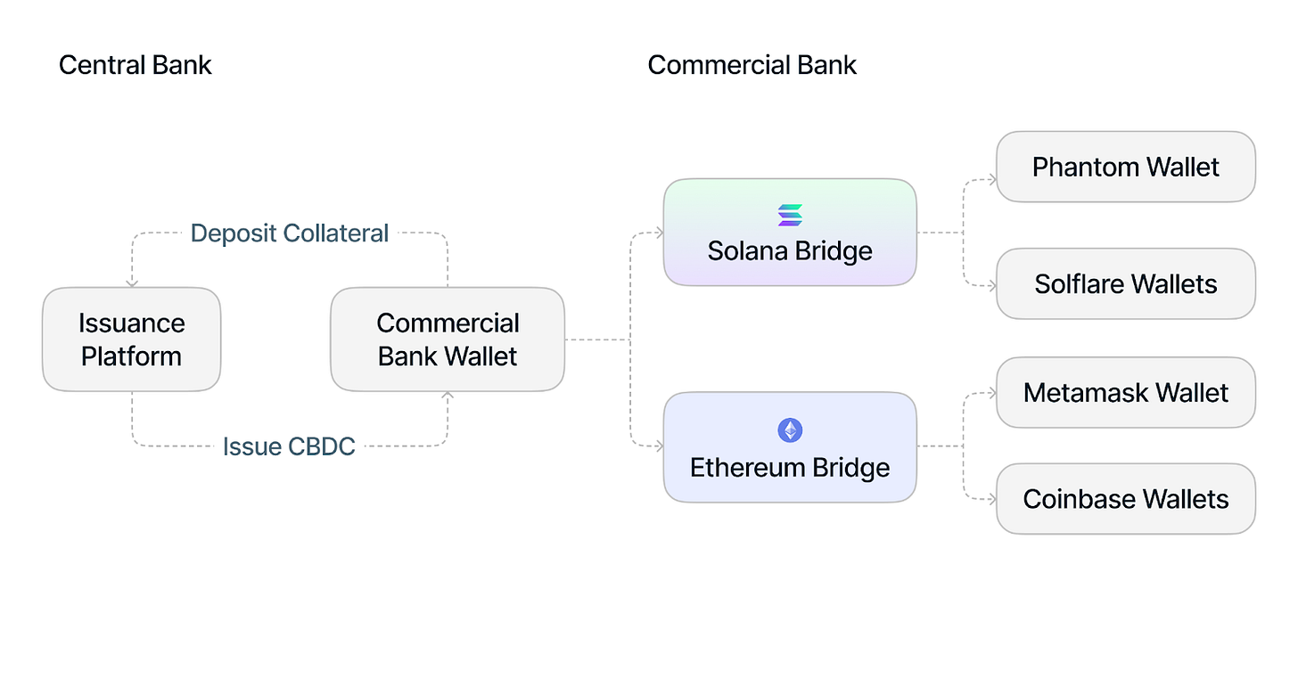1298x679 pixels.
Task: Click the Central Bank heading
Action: point(135,65)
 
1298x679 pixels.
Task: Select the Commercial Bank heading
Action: point(752,65)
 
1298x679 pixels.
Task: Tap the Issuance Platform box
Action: point(131,339)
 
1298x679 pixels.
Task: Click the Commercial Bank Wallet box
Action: point(447,339)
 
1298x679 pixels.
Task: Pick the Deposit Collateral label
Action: point(290,233)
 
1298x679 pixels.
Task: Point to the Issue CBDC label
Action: point(289,446)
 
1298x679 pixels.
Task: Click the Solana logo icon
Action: point(790,215)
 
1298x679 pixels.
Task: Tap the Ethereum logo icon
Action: point(790,431)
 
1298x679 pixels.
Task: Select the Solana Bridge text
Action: point(790,251)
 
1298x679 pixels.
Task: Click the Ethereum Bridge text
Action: point(790,468)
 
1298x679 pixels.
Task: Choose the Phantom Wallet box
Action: point(1125,167)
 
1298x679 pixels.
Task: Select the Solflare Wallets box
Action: point(1125,284)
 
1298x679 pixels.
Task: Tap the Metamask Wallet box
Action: point(1125,393)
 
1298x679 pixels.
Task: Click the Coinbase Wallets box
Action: point(1125,499)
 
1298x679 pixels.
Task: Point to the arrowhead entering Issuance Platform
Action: point(132,282)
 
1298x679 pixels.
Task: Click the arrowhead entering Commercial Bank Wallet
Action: point(448,396)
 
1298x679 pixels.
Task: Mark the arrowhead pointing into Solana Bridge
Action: point(659,233)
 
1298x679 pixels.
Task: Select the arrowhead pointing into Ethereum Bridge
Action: point(659,446)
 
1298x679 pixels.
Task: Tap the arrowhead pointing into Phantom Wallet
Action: point(991,180)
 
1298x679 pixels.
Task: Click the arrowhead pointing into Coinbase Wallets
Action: point(991,499)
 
